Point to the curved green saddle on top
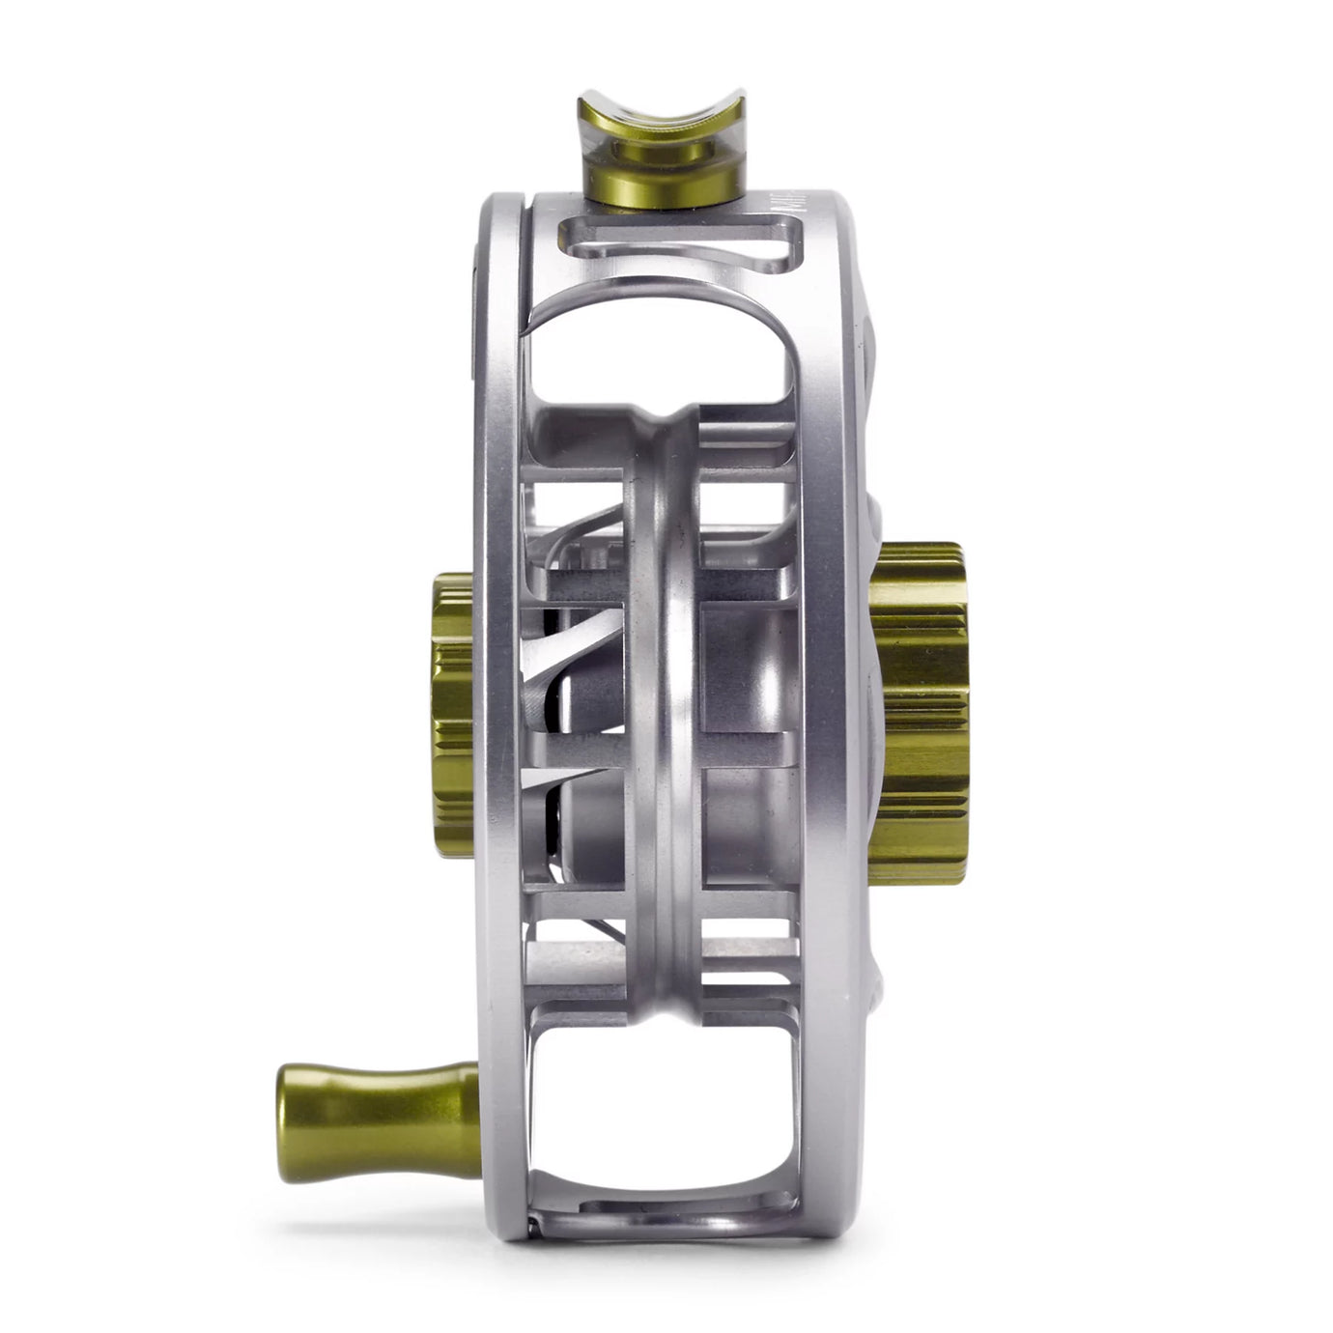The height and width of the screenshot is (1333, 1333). [662, 118]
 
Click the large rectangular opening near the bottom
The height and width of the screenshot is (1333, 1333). [666, 1101]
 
